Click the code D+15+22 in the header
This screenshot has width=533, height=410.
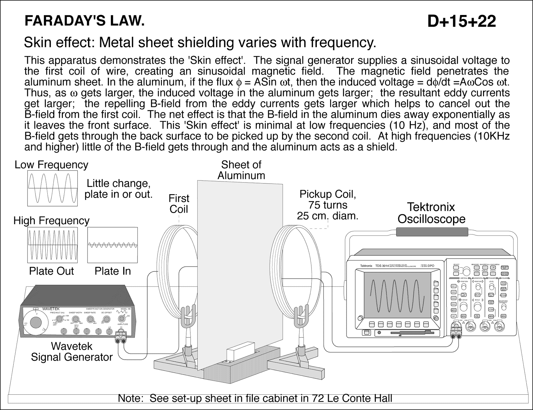click(x=461, y=22)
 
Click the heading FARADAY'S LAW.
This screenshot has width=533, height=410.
click(x=85, y=21)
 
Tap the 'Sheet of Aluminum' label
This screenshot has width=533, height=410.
click(x=241, y=170)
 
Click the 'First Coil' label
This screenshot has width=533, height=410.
click(x=179, y=204)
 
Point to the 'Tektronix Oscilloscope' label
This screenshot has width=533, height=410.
click(x=431, y=213)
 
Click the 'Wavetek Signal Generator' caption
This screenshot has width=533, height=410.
click(x=72, y=352)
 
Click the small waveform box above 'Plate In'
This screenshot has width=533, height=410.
click(x=112, y=245)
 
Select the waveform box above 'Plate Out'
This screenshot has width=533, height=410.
click(x=53, y=245)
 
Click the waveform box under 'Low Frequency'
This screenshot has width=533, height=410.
click(x=53, y=189)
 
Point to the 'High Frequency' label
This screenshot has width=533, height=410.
click(x=51, y=220)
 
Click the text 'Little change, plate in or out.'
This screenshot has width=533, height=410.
click(x=118, y=189)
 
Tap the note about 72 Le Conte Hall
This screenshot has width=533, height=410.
click(x=255, y=398)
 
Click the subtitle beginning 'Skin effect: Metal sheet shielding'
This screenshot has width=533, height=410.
click(x=200, y=42)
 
